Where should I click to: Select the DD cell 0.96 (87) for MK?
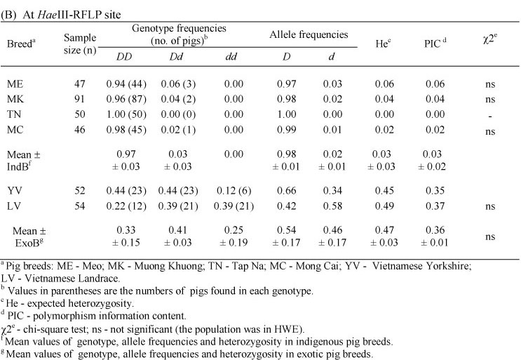click(x=131, y=99)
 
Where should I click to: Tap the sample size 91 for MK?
click(x=79, y=99)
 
